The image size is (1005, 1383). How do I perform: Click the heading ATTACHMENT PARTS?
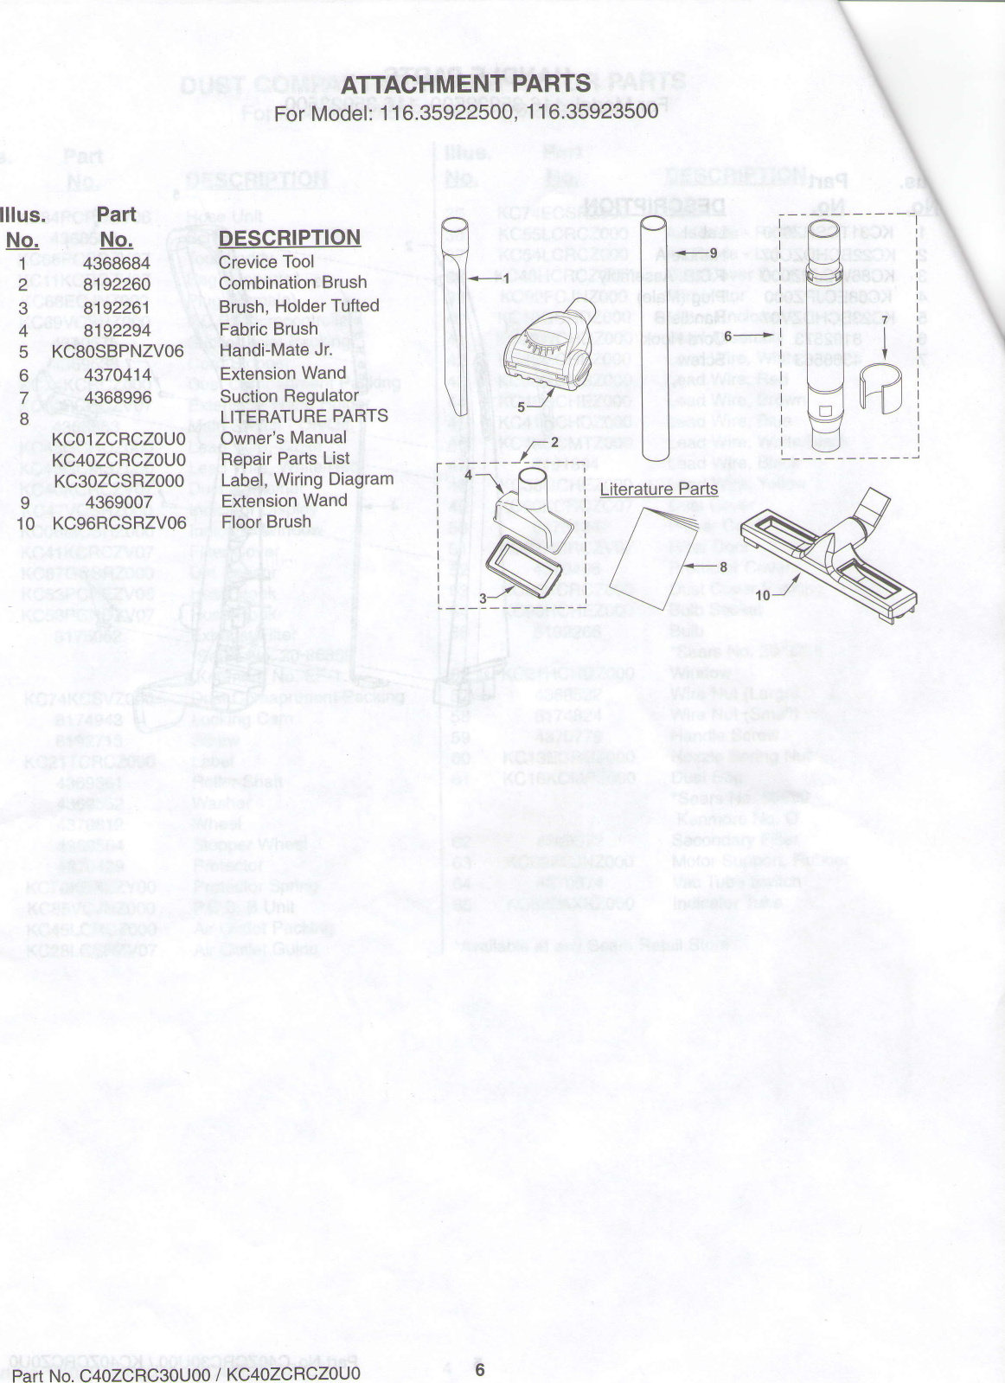[x=465, y=84]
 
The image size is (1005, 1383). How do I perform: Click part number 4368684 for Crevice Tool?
[x=117, y=262]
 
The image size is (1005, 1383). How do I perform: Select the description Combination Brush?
[x=292, y=283]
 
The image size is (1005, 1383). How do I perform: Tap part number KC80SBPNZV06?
[x=118, y=351]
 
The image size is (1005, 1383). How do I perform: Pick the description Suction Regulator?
[x=289, y=396]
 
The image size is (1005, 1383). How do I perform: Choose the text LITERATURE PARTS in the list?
[x=304, y=416]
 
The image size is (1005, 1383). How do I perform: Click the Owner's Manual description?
[x=284, y=438]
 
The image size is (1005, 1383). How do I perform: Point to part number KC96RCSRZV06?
[x=119, y=523]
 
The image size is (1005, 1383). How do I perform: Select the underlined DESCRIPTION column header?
[x=289, y=238]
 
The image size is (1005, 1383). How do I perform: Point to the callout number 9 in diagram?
[x=713, y=253]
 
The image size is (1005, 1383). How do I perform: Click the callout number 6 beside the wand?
[x=727, y=336]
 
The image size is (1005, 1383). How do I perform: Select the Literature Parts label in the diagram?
[x=659, y=489]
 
